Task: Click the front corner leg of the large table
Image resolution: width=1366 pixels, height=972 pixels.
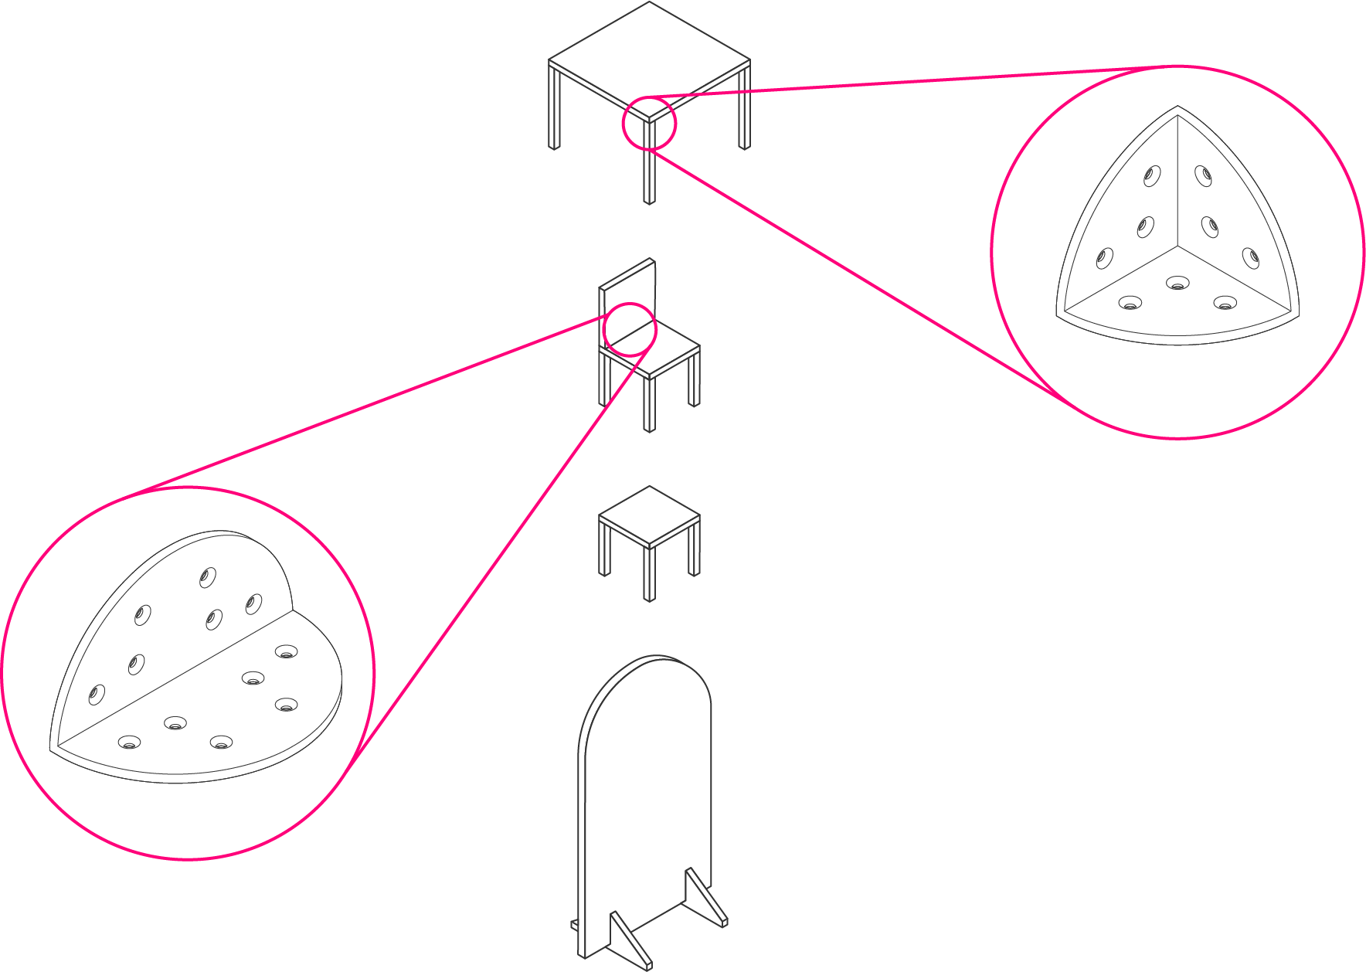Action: (649, 174)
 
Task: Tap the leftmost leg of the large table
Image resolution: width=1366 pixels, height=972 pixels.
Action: (554, 108)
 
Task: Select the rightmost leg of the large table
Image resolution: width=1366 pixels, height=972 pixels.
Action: (745, 108)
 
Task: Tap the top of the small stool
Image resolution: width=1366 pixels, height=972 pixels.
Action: (649, 516)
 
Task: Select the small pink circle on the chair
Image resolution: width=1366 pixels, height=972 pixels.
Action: (630, 329)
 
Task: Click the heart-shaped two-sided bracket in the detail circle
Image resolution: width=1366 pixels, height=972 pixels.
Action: (193, 664)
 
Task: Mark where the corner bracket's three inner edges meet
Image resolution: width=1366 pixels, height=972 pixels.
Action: (1177, 247)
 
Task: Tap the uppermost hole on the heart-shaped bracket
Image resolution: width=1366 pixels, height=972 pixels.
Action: (207, 577)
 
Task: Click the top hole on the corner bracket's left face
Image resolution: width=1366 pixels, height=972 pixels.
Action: (1151, 176)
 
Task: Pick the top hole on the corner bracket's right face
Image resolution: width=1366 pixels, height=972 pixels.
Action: (1203, 176)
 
